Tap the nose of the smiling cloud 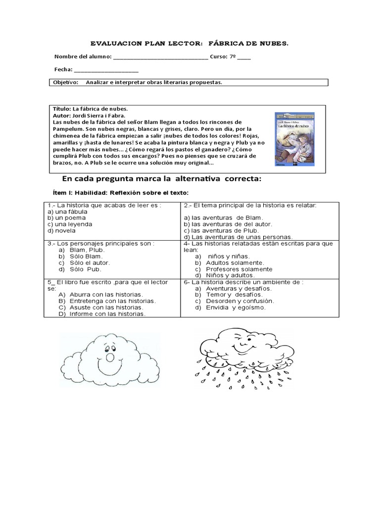coord(110,357)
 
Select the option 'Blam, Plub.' coord(87,250)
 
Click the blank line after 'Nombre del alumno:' coord(161,57)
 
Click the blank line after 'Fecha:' coord(106,70)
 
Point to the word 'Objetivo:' coord(66,82)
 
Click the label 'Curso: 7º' coord(223,56)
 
